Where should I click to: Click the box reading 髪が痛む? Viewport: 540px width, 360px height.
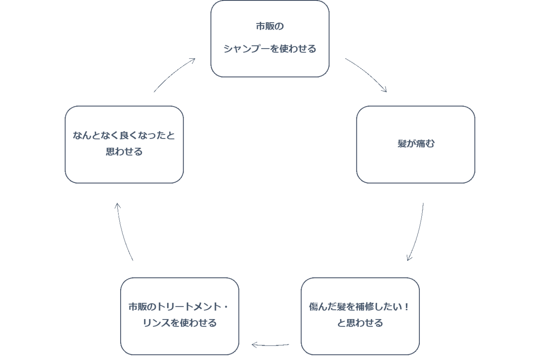pos(416,144)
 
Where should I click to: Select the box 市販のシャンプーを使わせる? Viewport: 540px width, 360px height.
pos(270,39)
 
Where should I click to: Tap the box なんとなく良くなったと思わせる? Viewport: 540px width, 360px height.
pos(124,144)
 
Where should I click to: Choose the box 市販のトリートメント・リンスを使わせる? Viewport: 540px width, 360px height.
pos(179,316)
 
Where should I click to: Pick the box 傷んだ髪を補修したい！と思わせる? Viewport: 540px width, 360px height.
pos(360,316)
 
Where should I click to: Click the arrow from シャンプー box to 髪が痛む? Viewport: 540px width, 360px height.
pos(366,74)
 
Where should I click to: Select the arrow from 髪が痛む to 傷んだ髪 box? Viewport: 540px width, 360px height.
pos(416,232)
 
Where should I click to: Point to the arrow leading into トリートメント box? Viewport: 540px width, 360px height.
pos(270,345)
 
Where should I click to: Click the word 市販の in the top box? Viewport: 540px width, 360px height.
pos(270,27)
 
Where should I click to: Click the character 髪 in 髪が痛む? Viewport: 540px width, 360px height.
pos(402,144)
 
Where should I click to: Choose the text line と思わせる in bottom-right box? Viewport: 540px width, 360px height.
pos(360,323)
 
